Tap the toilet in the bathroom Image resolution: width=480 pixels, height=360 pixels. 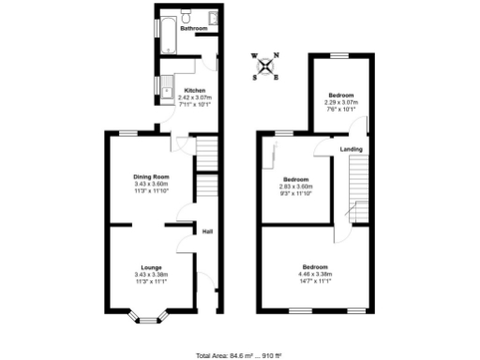(187, 18)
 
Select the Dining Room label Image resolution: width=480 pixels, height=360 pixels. (150, 176)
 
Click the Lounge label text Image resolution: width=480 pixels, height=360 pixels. (150, 268)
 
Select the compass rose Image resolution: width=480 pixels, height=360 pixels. (267, 67)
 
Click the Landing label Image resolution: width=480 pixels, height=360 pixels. (352, 149)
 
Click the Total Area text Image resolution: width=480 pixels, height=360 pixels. (239, 355)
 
